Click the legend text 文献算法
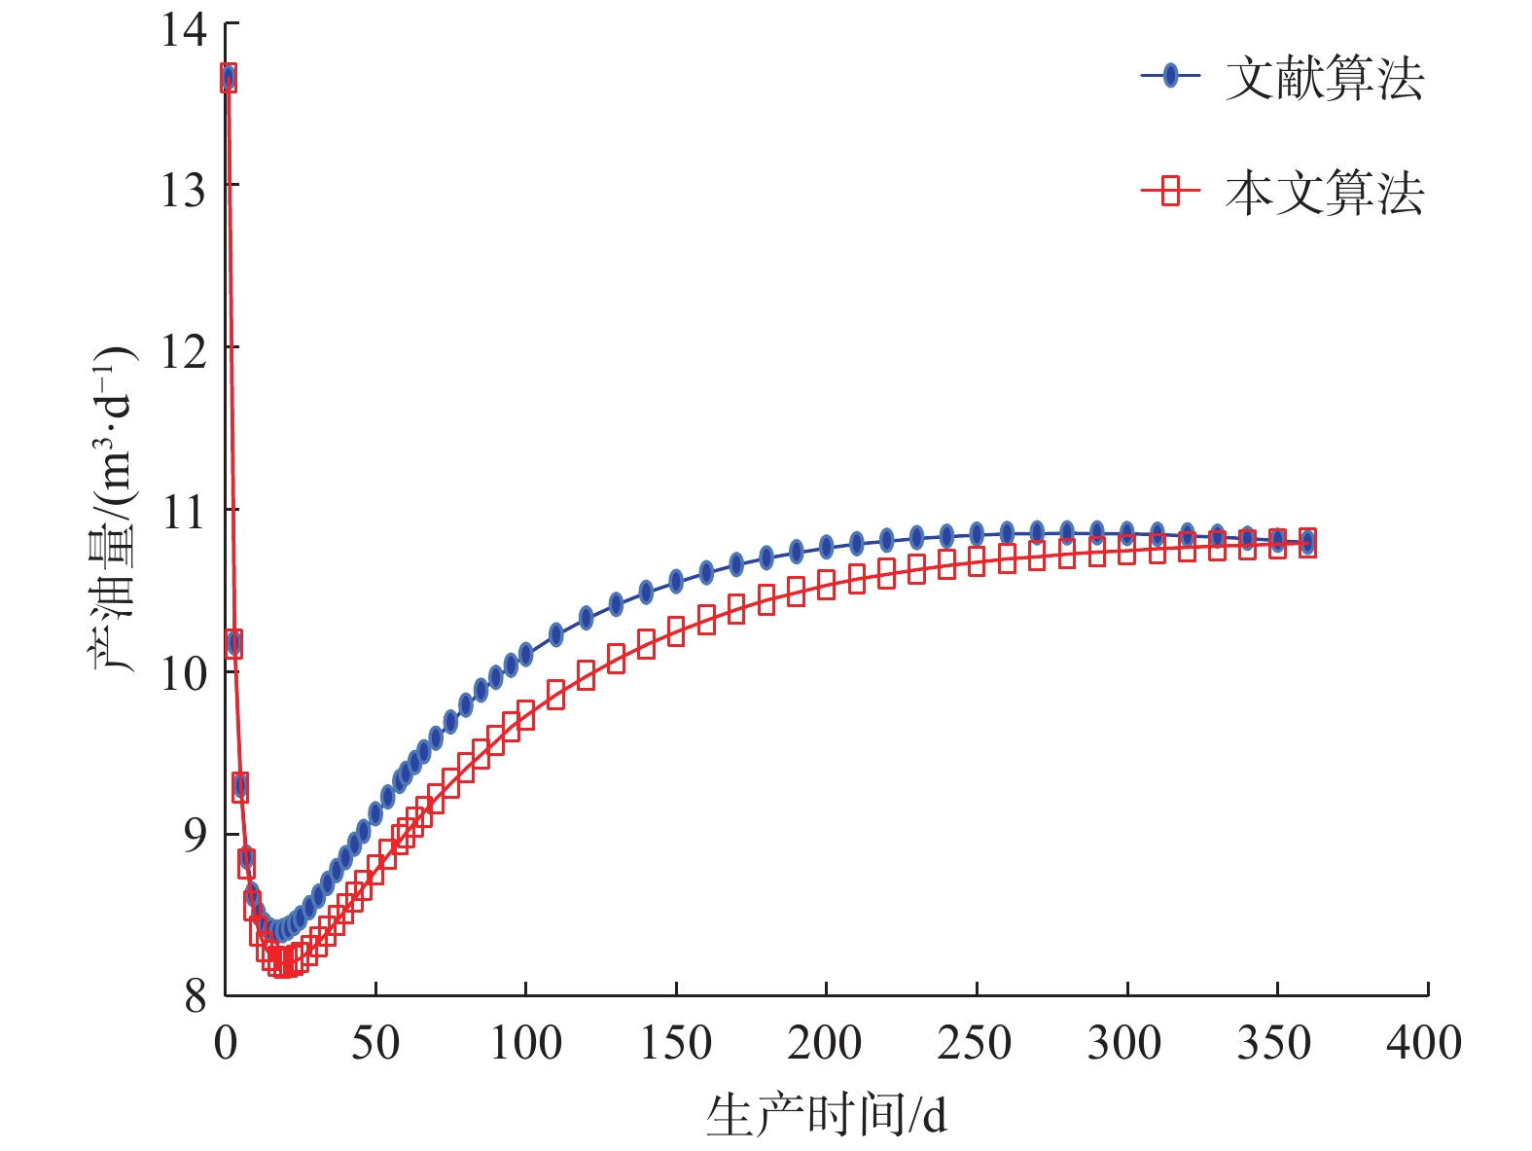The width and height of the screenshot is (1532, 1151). tap(1324, 79)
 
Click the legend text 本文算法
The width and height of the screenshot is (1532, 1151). tap(1324, 193)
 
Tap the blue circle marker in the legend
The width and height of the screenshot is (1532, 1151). tap(1171, 76)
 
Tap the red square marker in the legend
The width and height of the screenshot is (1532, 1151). tap(1171, 191)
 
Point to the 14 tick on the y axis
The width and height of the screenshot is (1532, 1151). tap(185, 29)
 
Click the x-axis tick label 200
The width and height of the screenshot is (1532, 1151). tap(825, 1043)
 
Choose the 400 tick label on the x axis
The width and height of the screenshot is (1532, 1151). tap(1424, 1043)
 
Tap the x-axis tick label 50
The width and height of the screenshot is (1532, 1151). tap(375, 1043)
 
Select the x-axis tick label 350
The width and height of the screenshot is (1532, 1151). tap(1274, 1043)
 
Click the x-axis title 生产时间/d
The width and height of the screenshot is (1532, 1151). tap(826, 1115)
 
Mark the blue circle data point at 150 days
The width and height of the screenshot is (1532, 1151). tap(676, 582)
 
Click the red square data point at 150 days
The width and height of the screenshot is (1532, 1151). tap(676, 631)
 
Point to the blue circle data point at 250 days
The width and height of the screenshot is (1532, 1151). tap(977, 533)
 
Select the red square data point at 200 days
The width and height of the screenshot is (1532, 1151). tap(826, 585)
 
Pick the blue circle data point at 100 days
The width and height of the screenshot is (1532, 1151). tap(526, 655)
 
